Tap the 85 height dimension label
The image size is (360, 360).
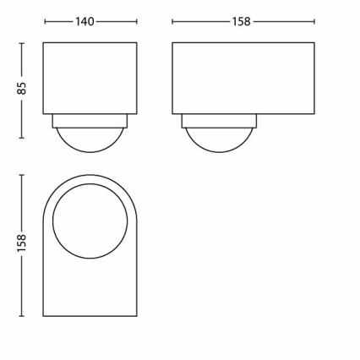coord(23,89)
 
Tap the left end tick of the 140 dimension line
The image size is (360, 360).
coord(42,22)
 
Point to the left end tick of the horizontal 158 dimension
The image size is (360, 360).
coord(172,22)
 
